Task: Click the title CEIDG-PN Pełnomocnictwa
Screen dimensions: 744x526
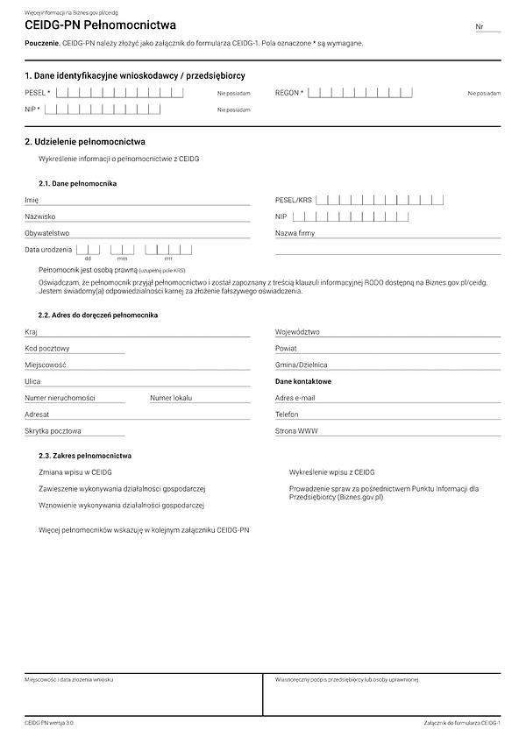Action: tap(100, 26)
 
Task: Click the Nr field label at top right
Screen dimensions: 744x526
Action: tap(480, 27)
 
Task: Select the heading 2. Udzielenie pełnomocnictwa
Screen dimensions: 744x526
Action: tap(85, 141)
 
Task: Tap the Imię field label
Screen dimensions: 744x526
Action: tap(32, 200)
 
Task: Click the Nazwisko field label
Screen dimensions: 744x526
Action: tap(40, 216)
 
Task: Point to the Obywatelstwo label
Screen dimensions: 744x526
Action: tap(47, 233)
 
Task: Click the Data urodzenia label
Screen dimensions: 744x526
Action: tap(49, 250)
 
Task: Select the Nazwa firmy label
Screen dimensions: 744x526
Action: tap(295, 233)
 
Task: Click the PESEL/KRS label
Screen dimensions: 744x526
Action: tap(293, 200)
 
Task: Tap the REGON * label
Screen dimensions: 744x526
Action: tap(289, 92)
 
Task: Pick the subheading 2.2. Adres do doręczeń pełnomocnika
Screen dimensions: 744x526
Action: tap(98, 315)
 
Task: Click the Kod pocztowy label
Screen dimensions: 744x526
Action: tap(47, 348)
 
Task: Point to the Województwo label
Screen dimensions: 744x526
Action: tap(297, 332)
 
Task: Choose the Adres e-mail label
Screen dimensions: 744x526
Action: tap(295, 398)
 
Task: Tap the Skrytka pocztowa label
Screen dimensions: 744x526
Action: tap(53, 431)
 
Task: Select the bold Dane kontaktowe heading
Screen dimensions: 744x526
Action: tap(303, 381)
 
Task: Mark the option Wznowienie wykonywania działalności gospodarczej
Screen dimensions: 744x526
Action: tap(122, 505)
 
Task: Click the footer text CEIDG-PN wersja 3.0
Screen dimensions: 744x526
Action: tap(49, 723)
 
